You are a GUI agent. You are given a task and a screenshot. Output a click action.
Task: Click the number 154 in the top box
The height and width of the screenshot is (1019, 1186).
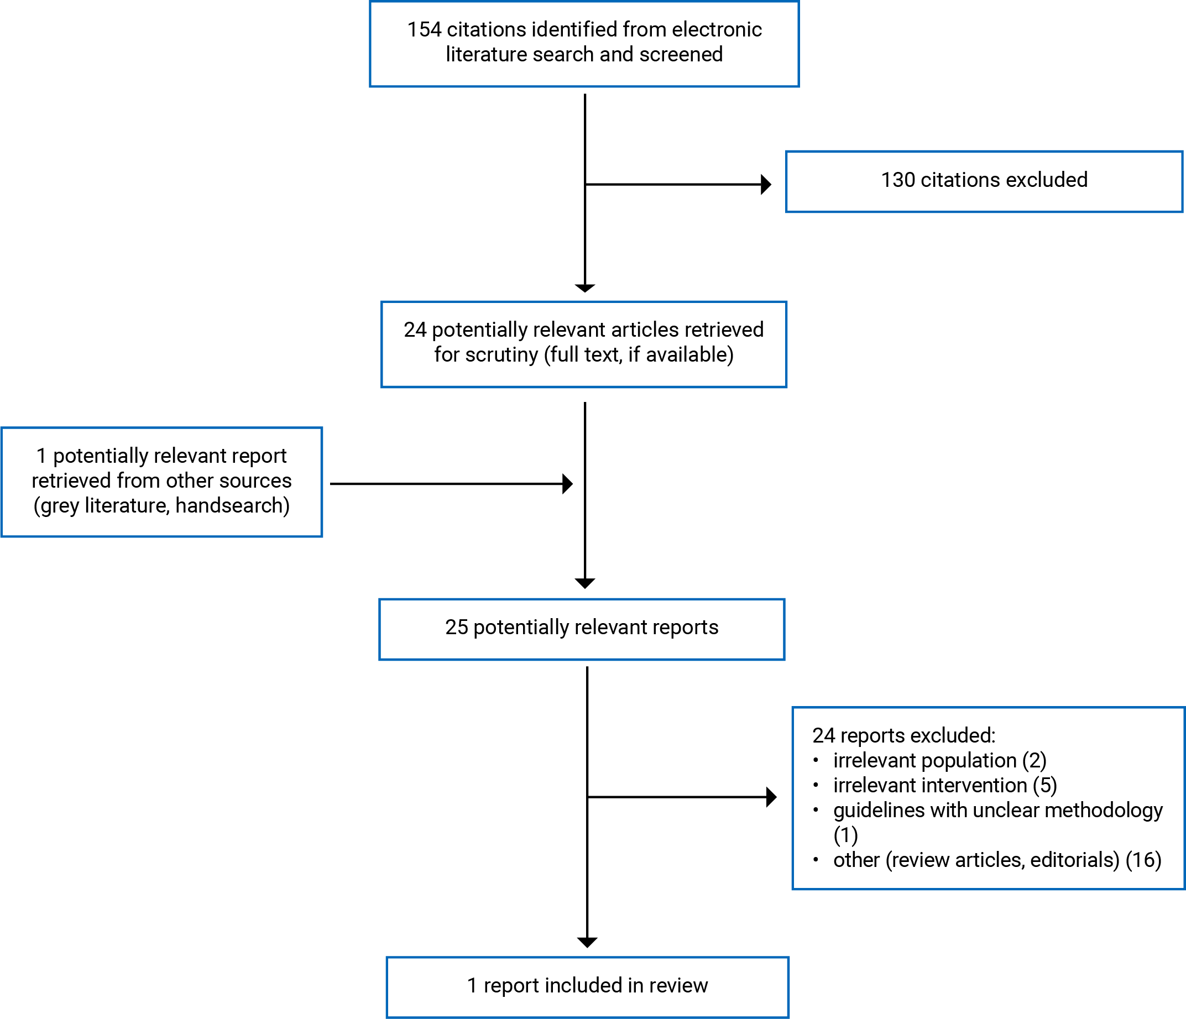(x=424, y=30)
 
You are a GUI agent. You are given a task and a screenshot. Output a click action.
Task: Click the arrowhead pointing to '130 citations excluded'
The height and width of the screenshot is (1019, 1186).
(x=766, y=184)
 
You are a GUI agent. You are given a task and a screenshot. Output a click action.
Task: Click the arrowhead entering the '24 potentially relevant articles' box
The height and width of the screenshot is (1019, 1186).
(x=585, y=288)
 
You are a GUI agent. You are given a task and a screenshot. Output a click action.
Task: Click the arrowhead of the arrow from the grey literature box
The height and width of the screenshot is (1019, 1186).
(x=568, y=484)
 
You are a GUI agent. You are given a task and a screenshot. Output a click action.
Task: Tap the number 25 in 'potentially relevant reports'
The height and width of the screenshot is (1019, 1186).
(x=457, y=628)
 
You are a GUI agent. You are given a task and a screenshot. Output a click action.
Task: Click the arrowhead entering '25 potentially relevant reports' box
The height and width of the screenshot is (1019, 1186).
(x=585, y=583)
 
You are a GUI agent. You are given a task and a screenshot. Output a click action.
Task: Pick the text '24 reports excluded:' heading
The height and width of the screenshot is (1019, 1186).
(x=904, y=735)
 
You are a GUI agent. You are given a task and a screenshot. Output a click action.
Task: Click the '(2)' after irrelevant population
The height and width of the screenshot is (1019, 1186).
(x=1035, y=761)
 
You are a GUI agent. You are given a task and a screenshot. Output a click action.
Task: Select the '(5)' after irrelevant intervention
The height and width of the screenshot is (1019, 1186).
(x=1044, y=786)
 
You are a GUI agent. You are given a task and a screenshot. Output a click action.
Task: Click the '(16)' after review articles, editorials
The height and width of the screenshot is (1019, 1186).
(x=1143, y=860)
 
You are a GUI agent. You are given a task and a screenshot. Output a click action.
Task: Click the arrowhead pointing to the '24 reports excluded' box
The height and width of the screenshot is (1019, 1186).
(x=771, y=797)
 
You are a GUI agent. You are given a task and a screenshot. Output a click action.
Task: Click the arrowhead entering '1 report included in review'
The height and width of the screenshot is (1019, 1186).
(x=587, y=942)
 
